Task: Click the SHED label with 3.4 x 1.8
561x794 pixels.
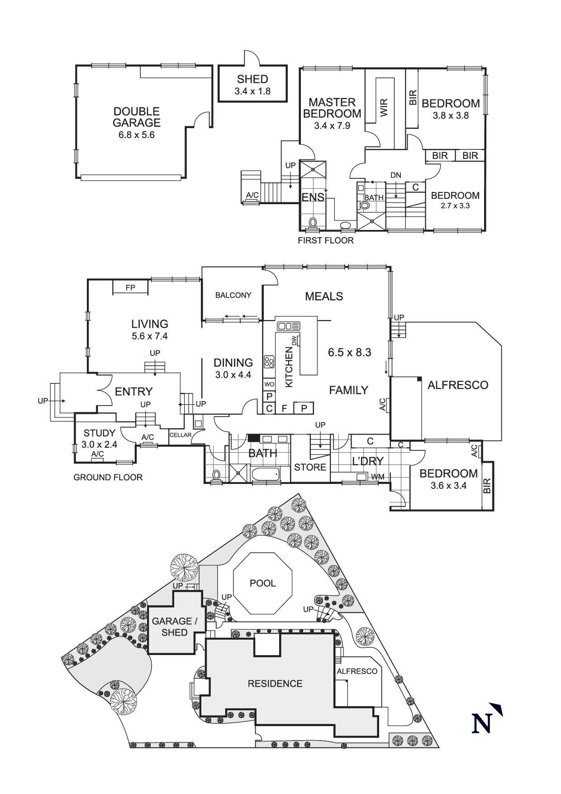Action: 252,85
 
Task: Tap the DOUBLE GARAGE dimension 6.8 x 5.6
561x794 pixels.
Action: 136,134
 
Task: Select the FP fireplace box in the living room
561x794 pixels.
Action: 130,287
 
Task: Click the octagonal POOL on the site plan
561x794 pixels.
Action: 262,583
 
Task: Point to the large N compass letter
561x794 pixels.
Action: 482,723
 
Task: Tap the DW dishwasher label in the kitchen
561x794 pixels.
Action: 295,340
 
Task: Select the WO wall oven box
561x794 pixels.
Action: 269,384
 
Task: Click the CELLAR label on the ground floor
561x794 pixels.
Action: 181,435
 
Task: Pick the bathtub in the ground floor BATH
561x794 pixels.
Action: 265,475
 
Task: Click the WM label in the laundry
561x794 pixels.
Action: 377,477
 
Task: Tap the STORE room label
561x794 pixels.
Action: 310,467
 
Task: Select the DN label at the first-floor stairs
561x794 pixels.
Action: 396,175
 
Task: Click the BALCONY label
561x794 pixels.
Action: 233,295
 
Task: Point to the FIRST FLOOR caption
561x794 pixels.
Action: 325,240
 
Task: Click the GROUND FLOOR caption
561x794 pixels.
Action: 108,477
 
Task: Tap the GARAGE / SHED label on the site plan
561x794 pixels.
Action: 174,627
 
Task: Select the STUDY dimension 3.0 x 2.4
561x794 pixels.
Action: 99,445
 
